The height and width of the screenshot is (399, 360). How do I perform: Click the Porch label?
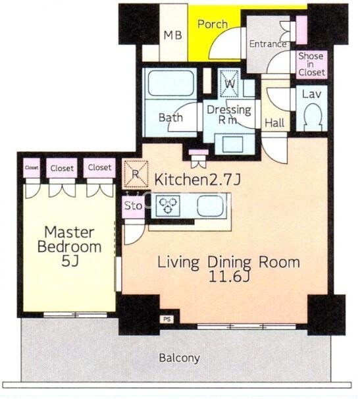213,24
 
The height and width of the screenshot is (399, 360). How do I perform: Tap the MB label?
172,35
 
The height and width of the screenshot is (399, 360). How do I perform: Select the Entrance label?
268,44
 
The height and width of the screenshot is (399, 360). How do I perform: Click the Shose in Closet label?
311,64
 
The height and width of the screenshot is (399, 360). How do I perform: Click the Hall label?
274,123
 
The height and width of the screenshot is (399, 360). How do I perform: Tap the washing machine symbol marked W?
230,83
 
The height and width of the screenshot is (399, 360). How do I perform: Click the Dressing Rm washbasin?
233,144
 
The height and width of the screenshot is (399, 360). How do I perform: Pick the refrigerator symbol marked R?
136,174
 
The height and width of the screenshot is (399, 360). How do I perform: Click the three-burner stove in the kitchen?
168,205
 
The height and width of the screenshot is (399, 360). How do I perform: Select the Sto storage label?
133,205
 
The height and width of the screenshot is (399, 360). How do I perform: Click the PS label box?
167,319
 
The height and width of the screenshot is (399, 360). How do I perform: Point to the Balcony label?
180,358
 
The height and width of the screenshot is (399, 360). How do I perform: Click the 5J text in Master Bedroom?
70,261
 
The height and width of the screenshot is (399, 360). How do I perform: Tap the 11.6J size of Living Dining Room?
228,277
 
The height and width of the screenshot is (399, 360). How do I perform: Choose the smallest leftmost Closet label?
32,168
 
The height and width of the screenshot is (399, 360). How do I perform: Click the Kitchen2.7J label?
197,180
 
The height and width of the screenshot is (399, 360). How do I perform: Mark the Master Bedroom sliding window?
75,315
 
